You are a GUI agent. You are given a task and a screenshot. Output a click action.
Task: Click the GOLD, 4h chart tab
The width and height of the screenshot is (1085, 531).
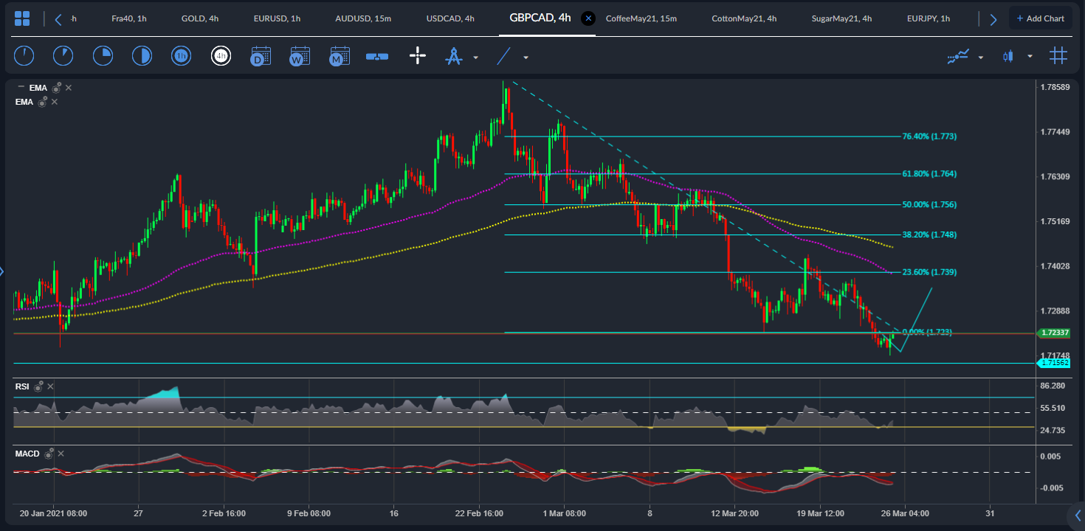[x=199, y=18]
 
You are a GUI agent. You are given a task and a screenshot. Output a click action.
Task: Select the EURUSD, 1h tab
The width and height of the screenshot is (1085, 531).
[x=277, y=18]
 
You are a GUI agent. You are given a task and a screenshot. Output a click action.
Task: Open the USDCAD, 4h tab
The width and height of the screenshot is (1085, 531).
[x=450, y=18]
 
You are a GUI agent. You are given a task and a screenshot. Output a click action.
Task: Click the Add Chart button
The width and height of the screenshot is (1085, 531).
[x=1040, y=18]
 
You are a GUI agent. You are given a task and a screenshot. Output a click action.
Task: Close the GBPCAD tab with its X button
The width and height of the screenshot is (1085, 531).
[x=588, y=18]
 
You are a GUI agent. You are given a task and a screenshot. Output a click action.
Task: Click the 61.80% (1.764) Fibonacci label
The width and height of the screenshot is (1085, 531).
[x=929, y=174]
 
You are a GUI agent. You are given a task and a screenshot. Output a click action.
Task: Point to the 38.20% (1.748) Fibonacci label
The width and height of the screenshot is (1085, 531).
[x=929, y=235]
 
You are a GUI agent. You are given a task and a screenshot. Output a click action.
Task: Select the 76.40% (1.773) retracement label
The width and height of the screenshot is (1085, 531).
[x=929, y=136]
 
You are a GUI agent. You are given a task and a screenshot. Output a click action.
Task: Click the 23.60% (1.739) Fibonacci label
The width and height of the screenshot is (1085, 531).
[x=929, y=272]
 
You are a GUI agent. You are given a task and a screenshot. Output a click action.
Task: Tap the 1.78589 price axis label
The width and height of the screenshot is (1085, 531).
[x=1055, y=87]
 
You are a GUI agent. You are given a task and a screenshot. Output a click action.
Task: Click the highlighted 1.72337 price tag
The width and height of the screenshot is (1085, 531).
[x=1054, y=333]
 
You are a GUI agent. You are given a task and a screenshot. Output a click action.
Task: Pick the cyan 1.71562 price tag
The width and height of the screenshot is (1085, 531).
[x=1055, y=363]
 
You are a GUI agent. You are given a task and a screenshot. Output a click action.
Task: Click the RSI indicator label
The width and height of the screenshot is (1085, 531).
[x=23, y=386]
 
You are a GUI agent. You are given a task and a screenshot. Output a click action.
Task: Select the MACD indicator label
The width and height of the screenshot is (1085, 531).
[x=27, y=454]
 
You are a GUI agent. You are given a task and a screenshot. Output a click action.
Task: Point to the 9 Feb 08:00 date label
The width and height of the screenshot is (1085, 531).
[x=309, y=513]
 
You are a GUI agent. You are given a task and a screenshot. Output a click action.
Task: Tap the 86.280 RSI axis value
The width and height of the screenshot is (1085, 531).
[x=1053, y=386]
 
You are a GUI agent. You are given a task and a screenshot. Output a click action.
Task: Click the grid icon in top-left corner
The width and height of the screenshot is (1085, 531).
[x=22, y=18]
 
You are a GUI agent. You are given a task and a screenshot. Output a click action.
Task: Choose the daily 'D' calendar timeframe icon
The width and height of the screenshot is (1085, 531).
[x=261, y=56]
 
